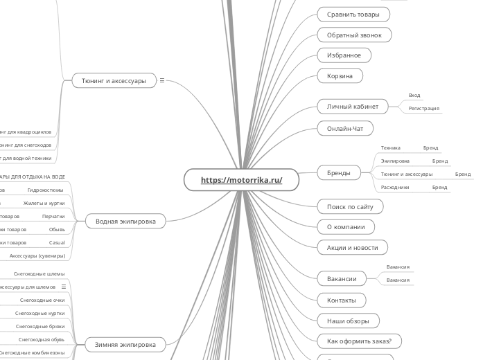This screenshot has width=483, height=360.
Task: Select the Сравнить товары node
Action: pyautogui.click(x=353, y=14)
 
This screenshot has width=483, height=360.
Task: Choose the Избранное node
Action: pyautogui.click(x=344, y=55)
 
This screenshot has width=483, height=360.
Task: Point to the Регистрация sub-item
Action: pyautogui.click(x=423, y=109)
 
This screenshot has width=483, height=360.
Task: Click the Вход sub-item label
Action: pyautogui.click(x=414, y=96)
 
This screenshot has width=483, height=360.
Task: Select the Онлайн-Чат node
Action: pyautogui.click(x=345, y=128)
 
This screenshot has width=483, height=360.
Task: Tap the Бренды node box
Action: pyautogui.click(x=339, y=172)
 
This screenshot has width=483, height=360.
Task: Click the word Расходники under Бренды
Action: pyautogui.click(x=395, y=187)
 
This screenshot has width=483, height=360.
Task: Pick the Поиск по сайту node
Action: pyautogui.click(x=350, y=206)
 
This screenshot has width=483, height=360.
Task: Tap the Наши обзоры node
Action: pyautogui.click(x=349, y=321)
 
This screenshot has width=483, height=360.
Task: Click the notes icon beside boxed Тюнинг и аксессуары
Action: pyautogui.click(x=162, y=80)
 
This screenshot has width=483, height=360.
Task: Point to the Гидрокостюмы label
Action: pyautogui.click(x=46, y=189)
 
